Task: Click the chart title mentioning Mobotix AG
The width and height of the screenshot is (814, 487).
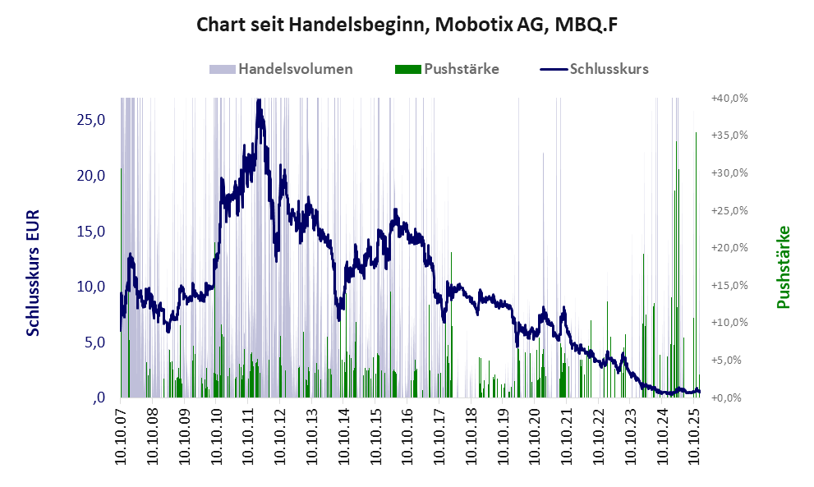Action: pos(407,25)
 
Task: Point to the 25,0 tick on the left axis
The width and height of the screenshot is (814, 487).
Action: pos(90,120)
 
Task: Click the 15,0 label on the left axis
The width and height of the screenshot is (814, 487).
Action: pos(90,231)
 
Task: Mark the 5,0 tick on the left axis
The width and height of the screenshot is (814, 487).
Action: pos(94,342)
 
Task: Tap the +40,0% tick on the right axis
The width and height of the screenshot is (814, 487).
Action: pos(729,98)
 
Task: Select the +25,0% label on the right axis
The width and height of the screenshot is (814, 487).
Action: pos(729,210)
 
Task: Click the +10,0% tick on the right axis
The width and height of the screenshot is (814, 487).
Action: pos(729,323)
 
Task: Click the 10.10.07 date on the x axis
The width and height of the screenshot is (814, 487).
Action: pos(122,435)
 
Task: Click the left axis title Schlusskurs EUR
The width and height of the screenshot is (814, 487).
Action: pos(34,273)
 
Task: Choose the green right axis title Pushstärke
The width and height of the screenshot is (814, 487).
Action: pos(783,267)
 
